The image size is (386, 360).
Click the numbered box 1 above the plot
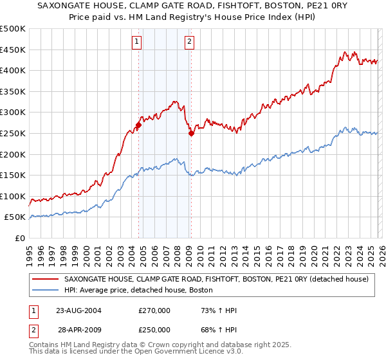[138, 42]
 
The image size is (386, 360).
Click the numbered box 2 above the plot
[190, 42]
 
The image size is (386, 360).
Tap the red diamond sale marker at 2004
[138, 125]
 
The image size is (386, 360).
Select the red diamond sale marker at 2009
[191, 134]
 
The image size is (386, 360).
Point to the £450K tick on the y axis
[13, 50]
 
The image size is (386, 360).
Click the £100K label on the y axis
[13, 196]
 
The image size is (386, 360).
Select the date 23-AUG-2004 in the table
[78, 310]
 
